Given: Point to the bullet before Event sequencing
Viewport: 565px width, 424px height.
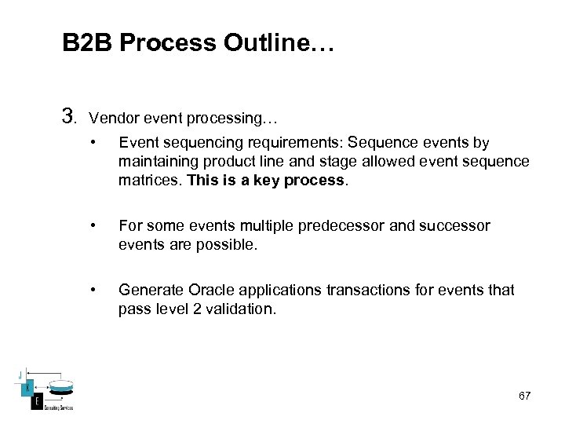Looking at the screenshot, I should tap(93, 143).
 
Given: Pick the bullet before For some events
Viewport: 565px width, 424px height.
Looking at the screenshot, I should tap(93, 226).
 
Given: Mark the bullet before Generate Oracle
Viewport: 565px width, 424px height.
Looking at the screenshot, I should tap(93, 291).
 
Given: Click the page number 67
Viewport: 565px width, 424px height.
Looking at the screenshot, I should tap(524, 396).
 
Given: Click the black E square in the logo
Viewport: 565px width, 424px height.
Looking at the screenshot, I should tap(36, 403).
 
